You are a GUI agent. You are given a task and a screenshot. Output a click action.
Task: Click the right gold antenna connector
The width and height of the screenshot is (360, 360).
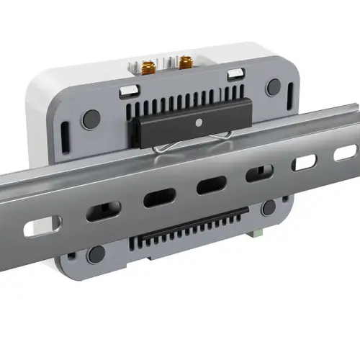coord(185,62)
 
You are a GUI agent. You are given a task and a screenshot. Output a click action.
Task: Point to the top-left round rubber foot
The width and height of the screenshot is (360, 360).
coord(90,119)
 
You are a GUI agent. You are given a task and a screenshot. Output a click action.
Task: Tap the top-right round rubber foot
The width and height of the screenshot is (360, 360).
coord(274,87)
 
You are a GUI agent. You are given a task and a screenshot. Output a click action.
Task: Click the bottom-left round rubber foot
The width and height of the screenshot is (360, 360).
coord(96,253)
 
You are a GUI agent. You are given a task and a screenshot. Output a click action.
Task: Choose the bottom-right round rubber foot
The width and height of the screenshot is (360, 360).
coord(269,208)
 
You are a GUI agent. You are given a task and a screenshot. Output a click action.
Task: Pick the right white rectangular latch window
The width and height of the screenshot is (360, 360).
coord(235,73)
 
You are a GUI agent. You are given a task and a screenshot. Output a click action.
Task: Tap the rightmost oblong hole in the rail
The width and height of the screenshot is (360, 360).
coord(346,153)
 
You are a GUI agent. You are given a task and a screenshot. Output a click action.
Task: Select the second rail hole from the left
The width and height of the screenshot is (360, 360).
coord(103,211)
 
